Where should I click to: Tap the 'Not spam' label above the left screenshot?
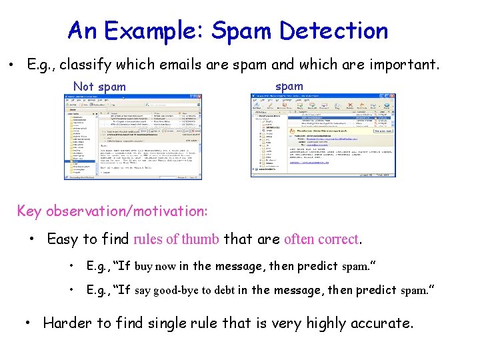coord(99,87)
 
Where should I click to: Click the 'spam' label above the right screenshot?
coord(289,86)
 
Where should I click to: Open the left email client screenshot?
coord(131,137)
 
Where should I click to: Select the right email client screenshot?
coord(323,135)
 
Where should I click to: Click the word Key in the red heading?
coord(29,211)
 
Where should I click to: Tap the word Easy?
coord(63,239)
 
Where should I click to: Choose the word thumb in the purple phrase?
coord(200,239)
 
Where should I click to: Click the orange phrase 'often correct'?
coord(321,239)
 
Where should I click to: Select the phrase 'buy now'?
coord(155,266)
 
